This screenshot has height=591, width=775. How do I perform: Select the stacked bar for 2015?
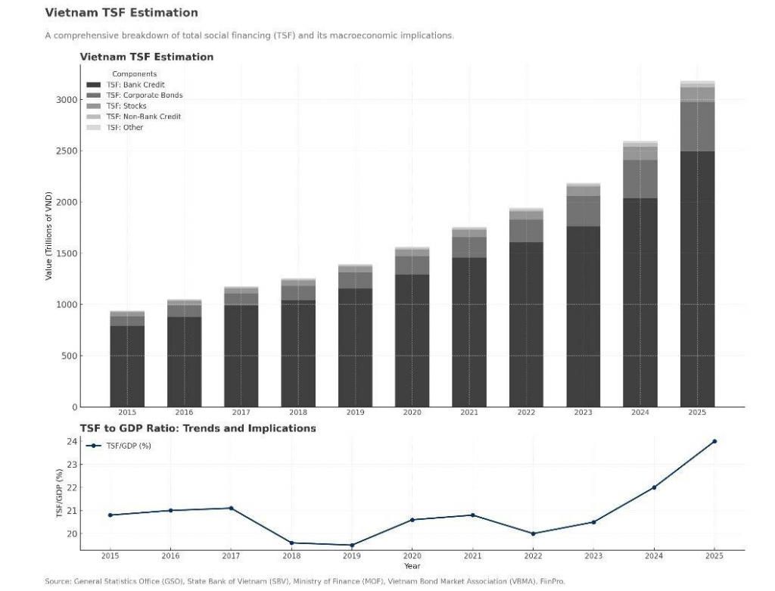127,359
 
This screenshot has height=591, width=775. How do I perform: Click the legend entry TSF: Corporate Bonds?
144,95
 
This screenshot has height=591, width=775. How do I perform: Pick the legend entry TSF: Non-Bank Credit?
143,117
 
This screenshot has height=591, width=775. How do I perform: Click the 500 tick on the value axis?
68,356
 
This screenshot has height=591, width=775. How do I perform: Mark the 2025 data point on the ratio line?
714,441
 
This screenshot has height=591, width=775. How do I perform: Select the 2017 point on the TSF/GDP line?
231,508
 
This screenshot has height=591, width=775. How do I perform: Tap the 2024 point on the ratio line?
654,487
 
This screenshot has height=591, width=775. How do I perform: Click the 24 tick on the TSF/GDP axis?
73,441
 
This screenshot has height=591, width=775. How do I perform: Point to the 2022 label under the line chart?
533,556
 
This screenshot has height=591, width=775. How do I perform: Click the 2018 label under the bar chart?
298,412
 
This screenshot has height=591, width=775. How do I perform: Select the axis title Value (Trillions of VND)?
48,236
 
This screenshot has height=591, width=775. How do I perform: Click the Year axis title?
412,566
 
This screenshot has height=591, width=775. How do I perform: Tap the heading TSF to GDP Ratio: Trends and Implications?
198,428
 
